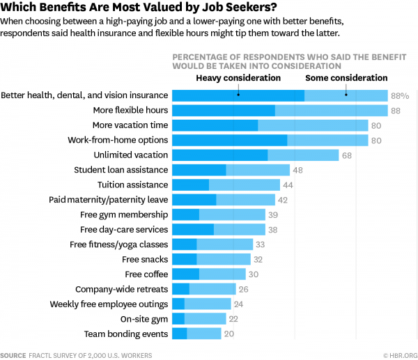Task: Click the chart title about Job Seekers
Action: (x=139, y=8)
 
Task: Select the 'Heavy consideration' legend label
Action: (x=238, y=78)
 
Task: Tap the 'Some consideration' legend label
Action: (x=346, y=78)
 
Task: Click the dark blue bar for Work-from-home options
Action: (x=229, y=140)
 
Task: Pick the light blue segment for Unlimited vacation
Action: (x=303, y=155)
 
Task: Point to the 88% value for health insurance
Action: (x=400, y=95)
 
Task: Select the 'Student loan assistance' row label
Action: (x=121, y=170)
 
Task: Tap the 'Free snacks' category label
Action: (x=145, y=259)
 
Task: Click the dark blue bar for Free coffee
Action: (x=185, y=274)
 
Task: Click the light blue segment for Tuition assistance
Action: (x=245, y=185)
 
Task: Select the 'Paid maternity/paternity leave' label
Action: (x=108, y=200)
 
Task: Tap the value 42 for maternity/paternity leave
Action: (x=283, y=200)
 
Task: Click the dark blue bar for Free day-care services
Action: (x=193, y=229)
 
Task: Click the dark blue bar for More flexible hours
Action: (x=223, y=110)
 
